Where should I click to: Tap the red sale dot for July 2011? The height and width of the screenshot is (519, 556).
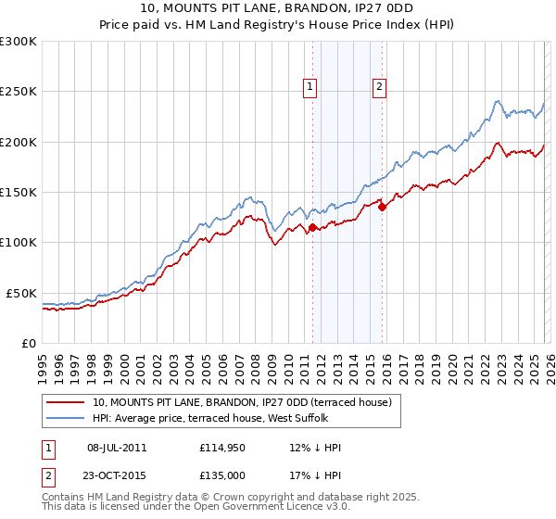pyautogui.click(x=312, y=227)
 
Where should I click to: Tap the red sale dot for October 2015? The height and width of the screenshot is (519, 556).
pyautogui.click(x=383, y=207)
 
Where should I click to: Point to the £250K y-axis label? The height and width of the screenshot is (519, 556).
pyautogui.click(x=19, y=92)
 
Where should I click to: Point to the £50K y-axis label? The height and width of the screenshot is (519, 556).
pyautogui.click(x=22, y=293)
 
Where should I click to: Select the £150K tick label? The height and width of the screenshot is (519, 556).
pyautogui.click(x=19, y=193)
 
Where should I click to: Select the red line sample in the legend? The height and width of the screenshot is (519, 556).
pyautogui.click(x=64, y=402)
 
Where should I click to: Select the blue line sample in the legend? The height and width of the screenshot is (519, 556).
pyautogui.click(x=64, y=418)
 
